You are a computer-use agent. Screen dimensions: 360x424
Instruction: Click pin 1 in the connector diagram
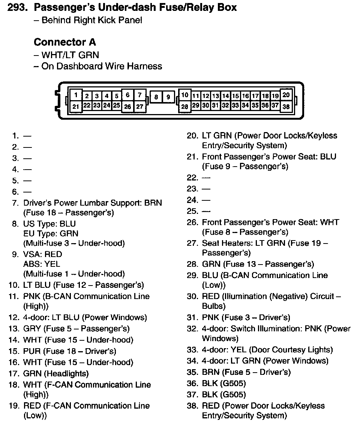76,95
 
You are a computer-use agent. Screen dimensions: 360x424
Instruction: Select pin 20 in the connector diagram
286,95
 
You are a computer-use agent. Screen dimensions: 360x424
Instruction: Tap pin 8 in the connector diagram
156,98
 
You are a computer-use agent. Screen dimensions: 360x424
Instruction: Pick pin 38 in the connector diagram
286,107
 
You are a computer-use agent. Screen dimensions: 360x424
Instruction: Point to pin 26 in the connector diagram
127,107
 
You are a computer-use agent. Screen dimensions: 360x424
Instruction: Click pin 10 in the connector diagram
184,95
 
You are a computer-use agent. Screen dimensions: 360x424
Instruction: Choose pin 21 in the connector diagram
76,107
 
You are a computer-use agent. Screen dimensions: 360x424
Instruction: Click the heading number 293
18,8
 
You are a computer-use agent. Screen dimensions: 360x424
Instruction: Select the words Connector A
64,42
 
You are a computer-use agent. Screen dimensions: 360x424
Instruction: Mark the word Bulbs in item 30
213,306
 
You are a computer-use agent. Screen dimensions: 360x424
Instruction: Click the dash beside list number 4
27,170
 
